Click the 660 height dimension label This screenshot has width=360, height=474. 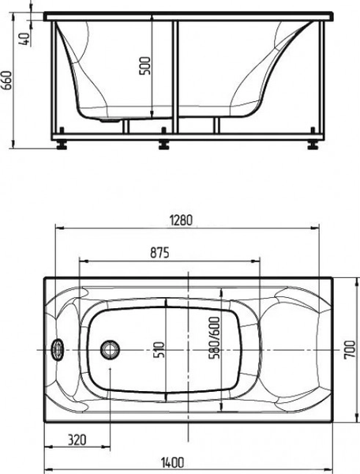7,80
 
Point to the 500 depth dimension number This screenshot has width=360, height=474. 144,67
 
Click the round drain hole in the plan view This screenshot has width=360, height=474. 111,348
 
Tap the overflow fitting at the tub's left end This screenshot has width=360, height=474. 57,348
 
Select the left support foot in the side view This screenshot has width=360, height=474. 62,144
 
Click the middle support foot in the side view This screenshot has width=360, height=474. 164,145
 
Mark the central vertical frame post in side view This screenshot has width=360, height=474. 175,79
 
